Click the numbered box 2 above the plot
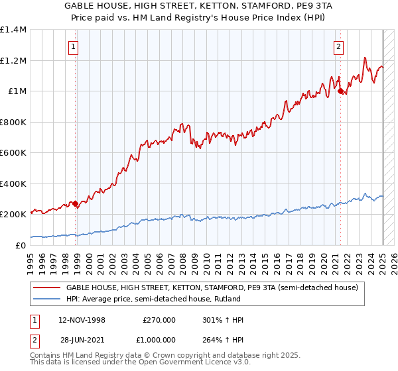click(x=338, y=46)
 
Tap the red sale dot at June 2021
click(x=340, y=91)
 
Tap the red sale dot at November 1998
click(x=76, y=203)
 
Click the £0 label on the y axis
click(x=21, y=245)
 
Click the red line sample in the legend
click(x=46, y=288)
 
